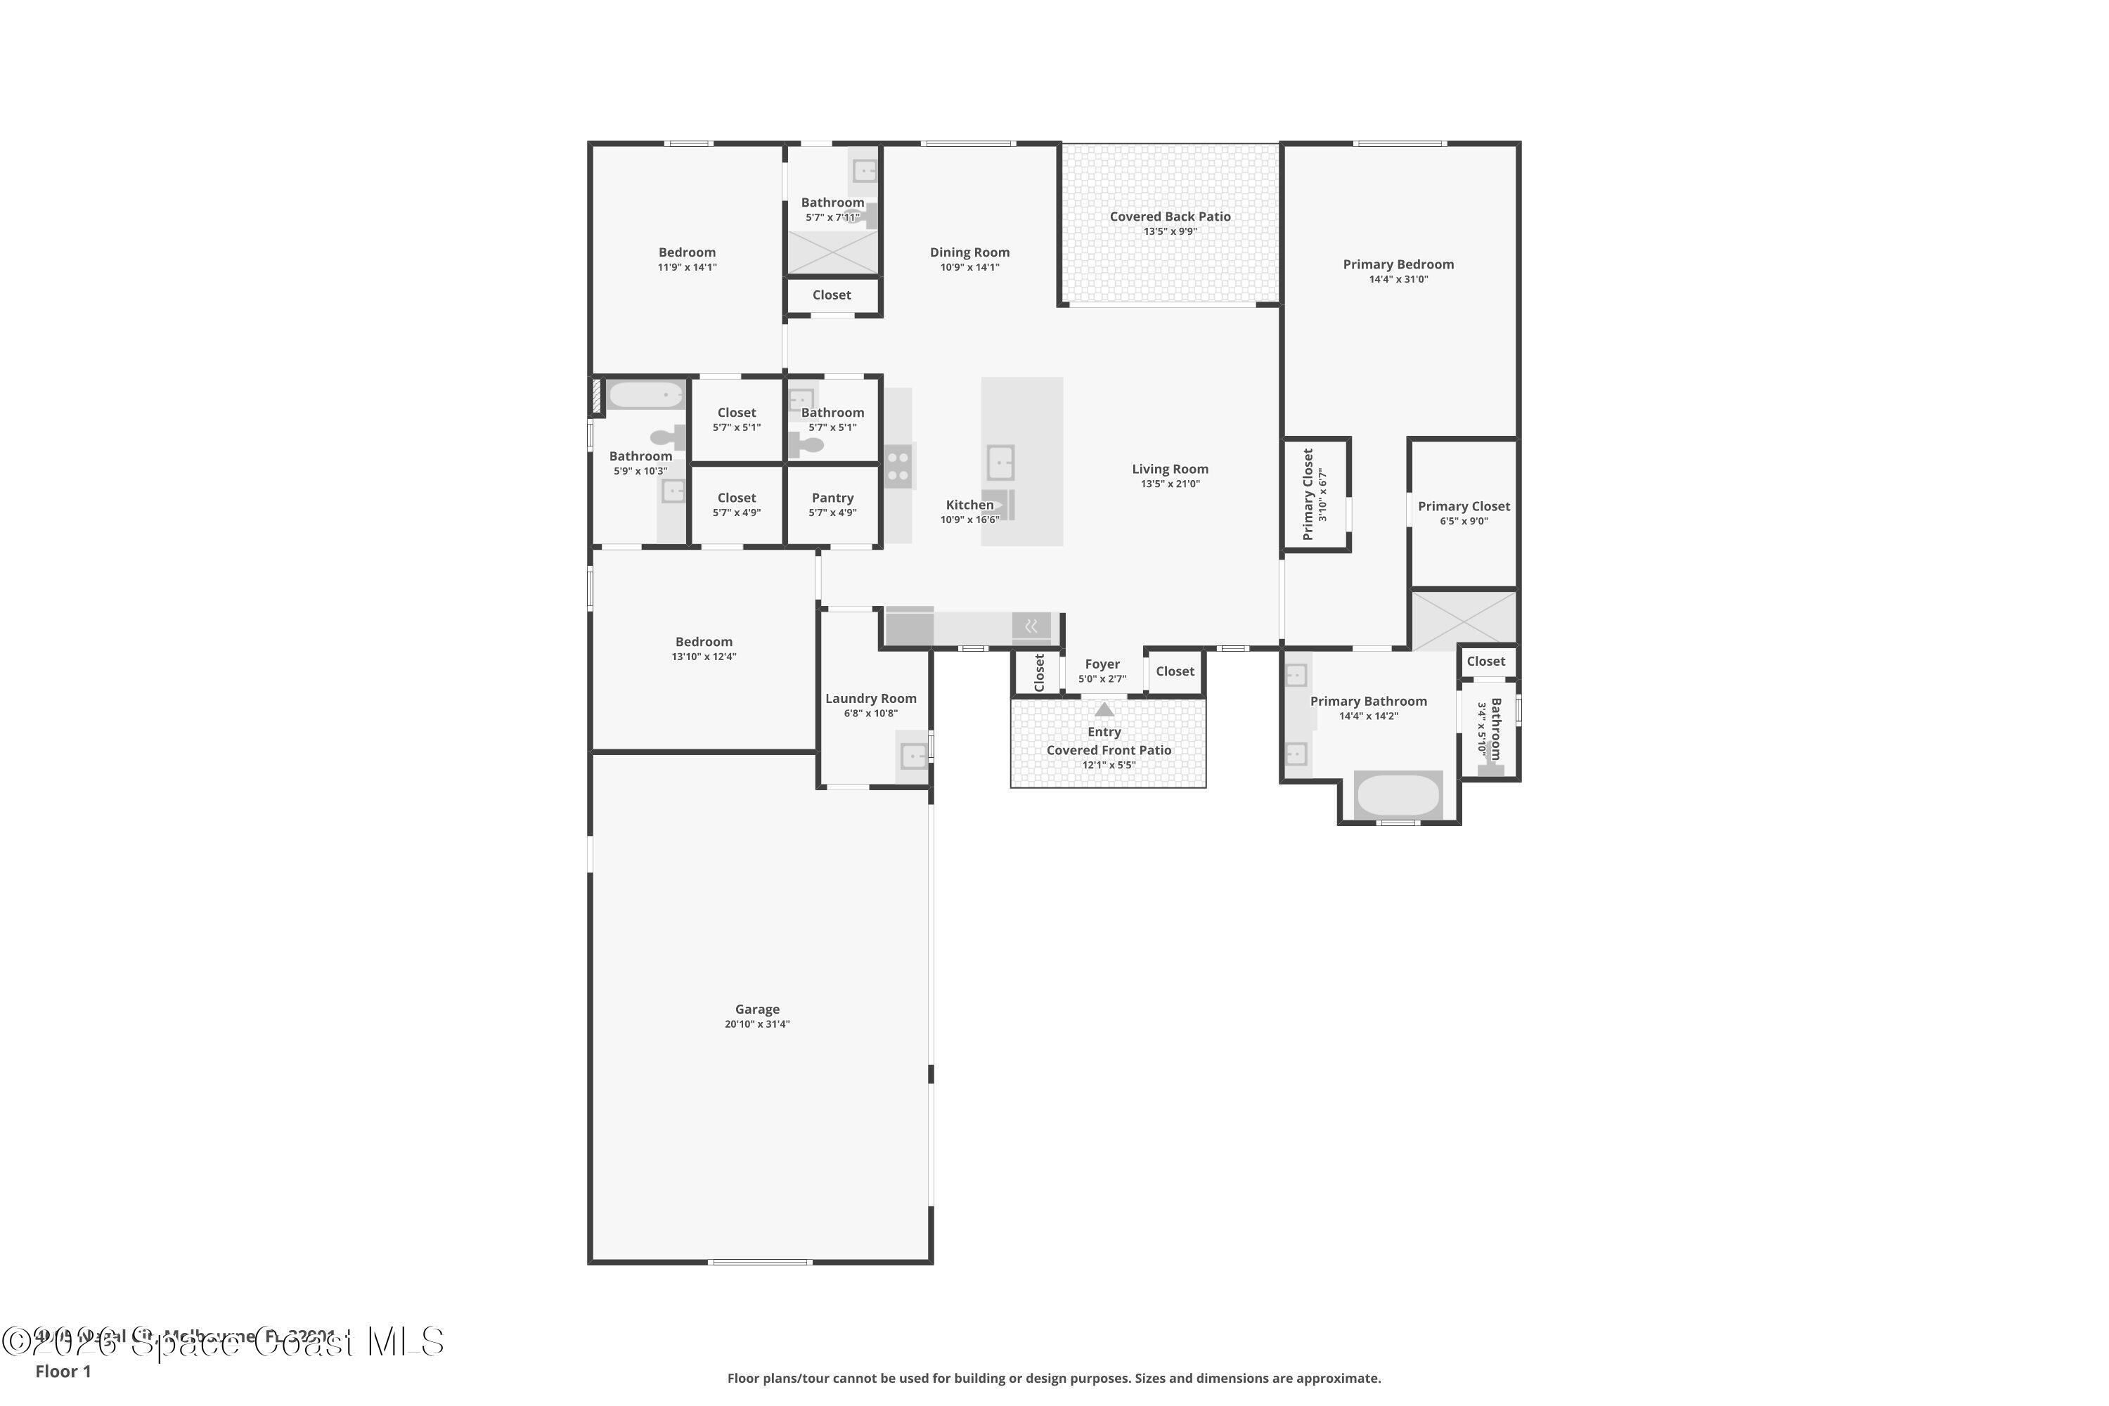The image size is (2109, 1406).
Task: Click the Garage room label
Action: coord(757,1009)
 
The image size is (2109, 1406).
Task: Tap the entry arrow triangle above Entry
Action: coord(1104,709)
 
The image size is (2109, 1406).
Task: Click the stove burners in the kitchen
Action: coord(898,466)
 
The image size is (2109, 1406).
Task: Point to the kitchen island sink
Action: coord(1000,463)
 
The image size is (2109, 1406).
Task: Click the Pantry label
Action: coord(832,498)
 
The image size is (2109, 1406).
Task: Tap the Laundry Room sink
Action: coord(912,757)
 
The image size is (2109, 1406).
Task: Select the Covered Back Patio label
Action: coord(1169,216)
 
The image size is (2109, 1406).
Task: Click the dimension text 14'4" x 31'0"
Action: coord(1398,279)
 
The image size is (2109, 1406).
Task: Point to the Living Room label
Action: coord(1169,469)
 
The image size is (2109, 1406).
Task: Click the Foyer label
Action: coord(1102,664)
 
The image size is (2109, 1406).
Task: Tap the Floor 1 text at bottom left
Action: coord(63,1371)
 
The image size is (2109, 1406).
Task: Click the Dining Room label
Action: coord(969,252)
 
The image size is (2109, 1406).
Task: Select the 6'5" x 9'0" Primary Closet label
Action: coord(1464,507)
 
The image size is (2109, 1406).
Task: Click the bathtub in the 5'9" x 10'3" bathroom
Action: coord(645,394)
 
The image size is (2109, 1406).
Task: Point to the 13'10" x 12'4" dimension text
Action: coord(704,657)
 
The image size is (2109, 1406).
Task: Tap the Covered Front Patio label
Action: coord(1109,749)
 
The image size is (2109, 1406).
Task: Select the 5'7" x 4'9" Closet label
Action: coord(736,498)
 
